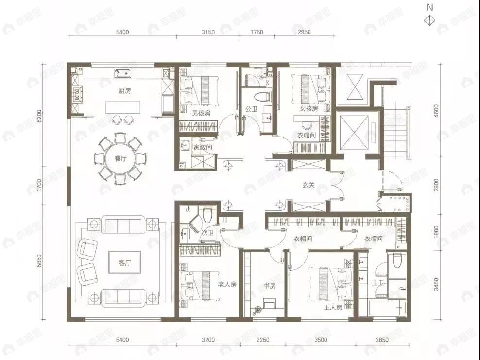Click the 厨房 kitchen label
click(124, 91)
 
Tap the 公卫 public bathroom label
click(251, 109)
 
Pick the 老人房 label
click(227, 285)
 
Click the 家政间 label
click(203, 147)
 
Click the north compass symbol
click(429, 20)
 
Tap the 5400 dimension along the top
click(122, 33)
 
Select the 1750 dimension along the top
click(257, 33)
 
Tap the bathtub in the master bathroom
click(387, 308)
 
